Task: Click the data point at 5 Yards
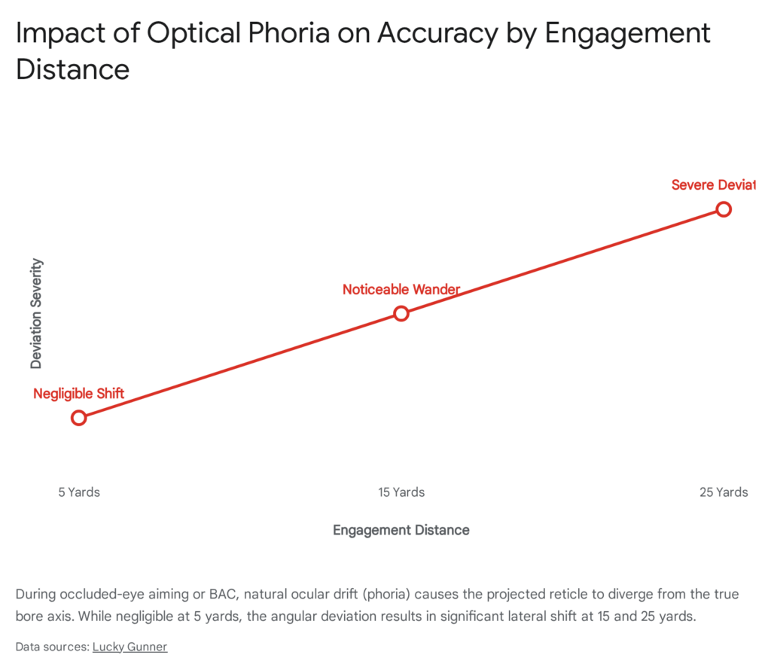[78, 418]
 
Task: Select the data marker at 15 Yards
[401, 313]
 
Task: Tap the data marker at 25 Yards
[724, 209]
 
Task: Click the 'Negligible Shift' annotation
[78, 394]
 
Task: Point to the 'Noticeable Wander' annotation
[401, 289]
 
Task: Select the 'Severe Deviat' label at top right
[712, 185]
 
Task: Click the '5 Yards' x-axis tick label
[79, 492]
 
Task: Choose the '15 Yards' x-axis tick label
[401, 492]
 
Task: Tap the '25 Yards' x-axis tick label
[724, 492]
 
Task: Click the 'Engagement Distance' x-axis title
[401, 530]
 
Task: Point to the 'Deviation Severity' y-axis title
[36, 313]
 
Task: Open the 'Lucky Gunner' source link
[130, 647]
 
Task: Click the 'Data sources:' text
[52, 647]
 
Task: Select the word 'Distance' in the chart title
[72, 69]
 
